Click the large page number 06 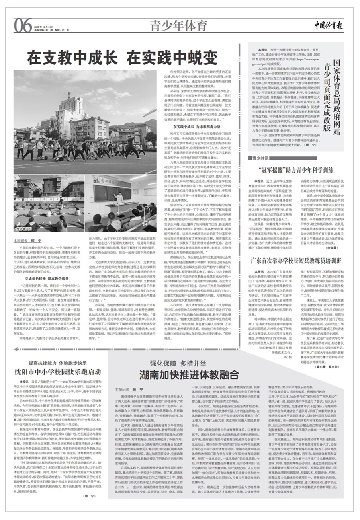(23, 26)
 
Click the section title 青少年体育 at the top (178, 26)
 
